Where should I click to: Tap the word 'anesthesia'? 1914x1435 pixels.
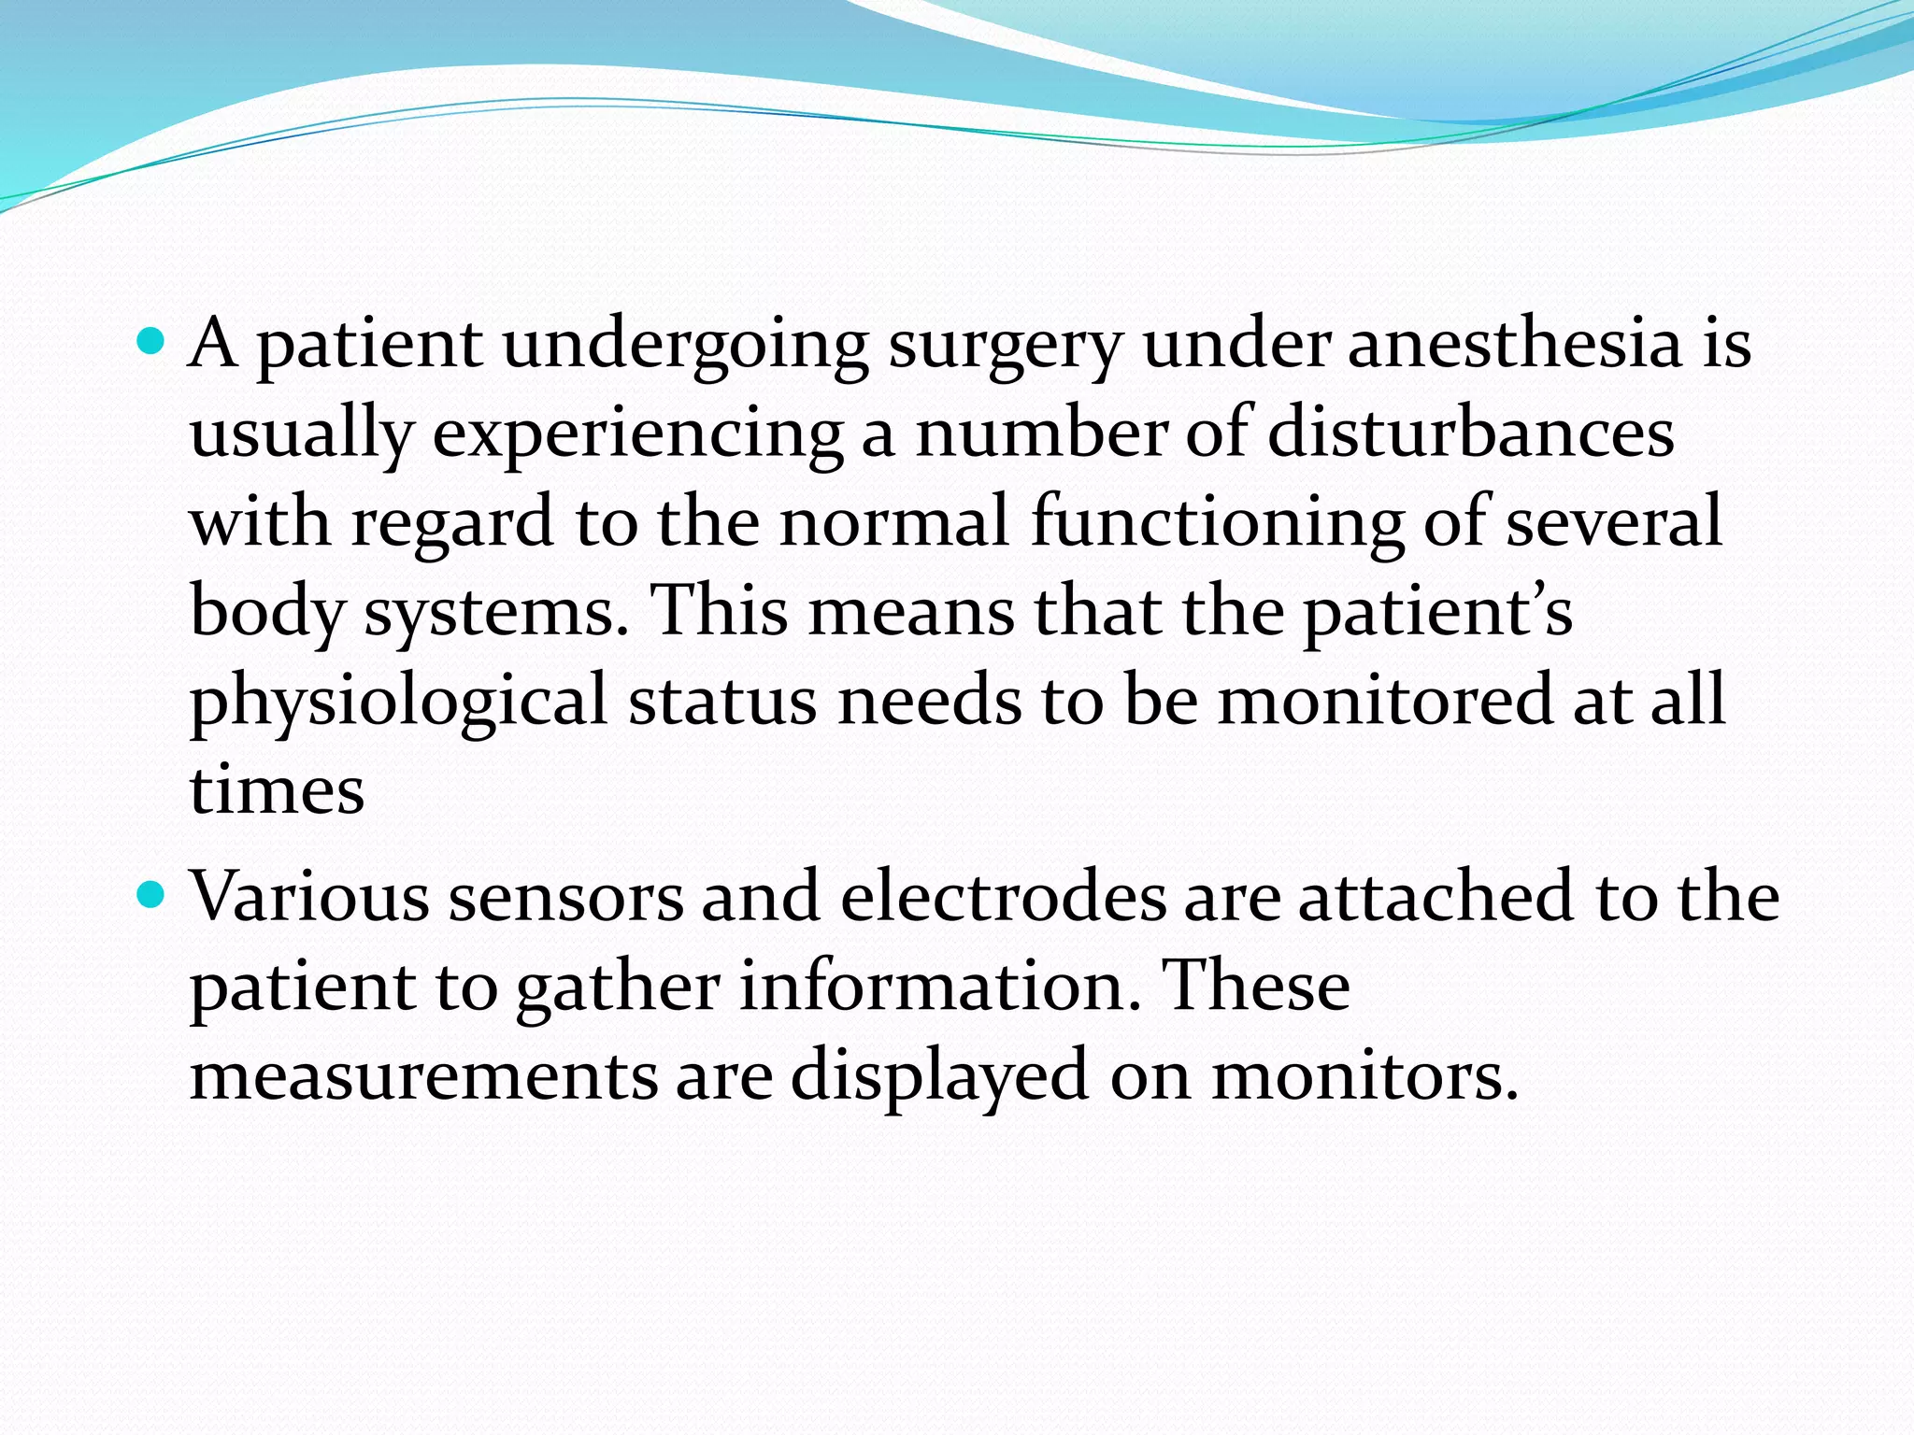[x=1515, y=343]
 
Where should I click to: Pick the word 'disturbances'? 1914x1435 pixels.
[x=1470, y=433]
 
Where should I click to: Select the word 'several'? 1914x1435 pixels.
[x=1614, y=521]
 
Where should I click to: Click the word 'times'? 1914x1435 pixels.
[x=277, y=790]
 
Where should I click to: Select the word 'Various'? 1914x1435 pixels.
[x=309, y=897]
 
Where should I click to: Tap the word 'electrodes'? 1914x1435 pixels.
[x=1003, y=897]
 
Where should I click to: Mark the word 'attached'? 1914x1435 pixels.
[x=1435, y=897]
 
